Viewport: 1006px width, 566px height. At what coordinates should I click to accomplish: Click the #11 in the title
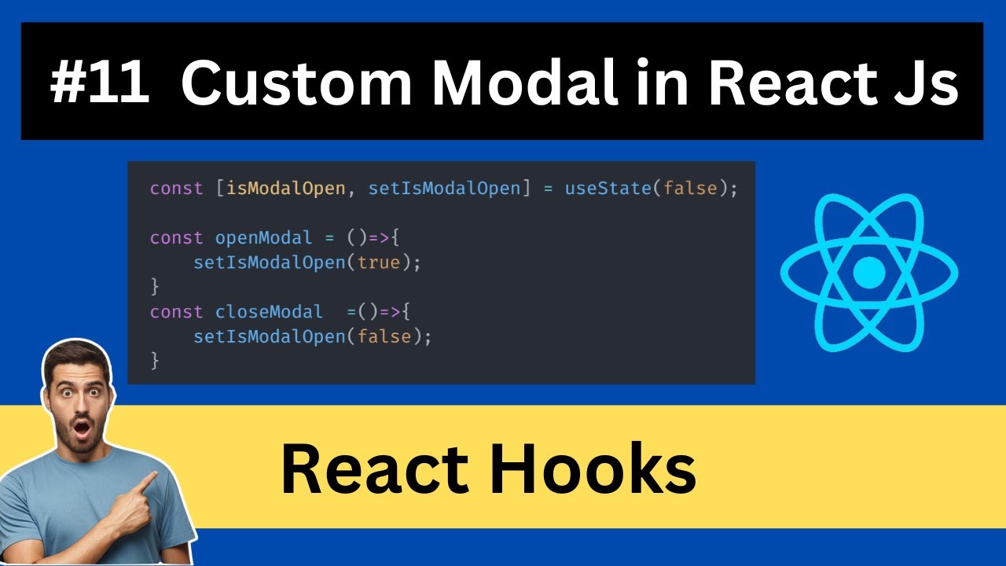point(100,83)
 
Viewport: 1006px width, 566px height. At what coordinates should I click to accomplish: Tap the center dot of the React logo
point(868,273)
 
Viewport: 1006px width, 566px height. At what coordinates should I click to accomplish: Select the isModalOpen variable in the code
point(285,189)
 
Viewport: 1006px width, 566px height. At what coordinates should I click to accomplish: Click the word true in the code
point(379,263)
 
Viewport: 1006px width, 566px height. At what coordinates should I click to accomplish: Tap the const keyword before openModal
point(176,238)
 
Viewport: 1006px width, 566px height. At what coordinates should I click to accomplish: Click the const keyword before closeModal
point(176,312)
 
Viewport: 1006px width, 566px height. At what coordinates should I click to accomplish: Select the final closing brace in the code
point(155,361)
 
